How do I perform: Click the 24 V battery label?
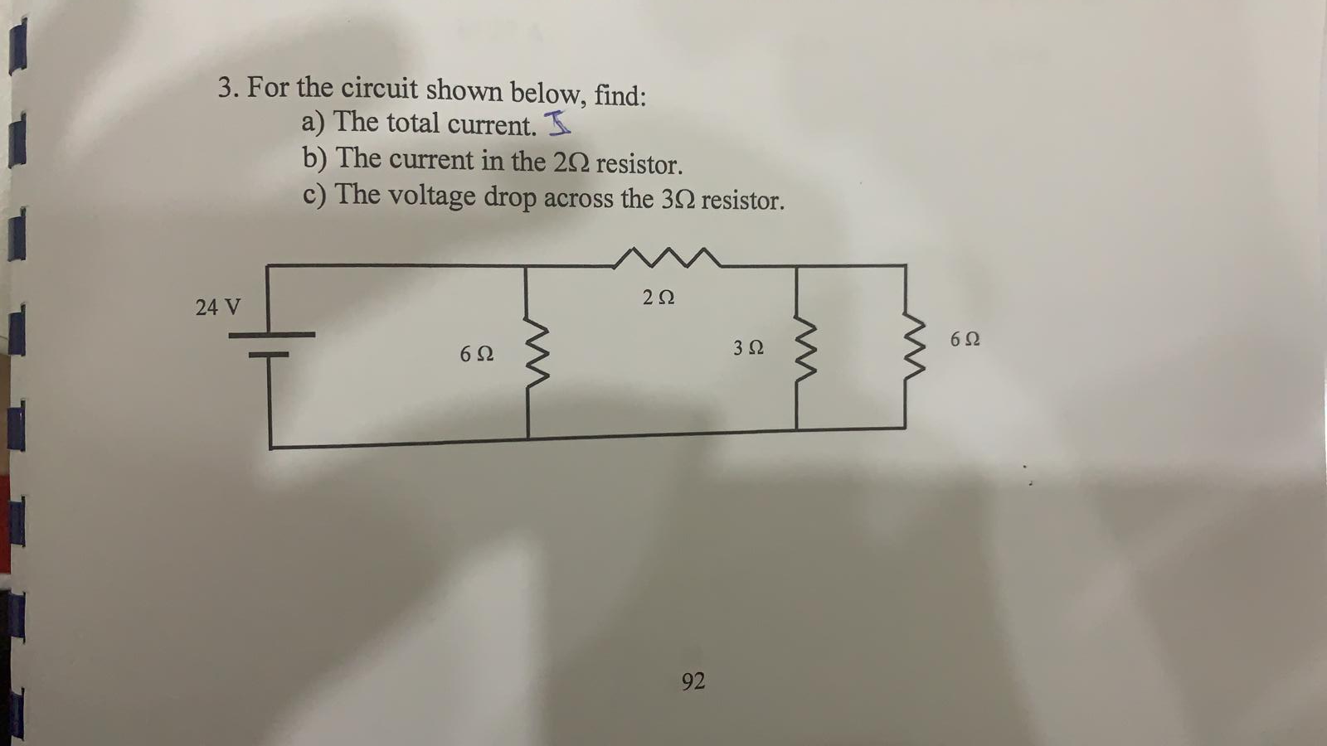coord(217,308)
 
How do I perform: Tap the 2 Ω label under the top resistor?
coord(659,297)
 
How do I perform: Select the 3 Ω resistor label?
coord(748,348)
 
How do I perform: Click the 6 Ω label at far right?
coord(965,339)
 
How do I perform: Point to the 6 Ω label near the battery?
coord(476,354)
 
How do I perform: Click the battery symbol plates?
coord(270,344)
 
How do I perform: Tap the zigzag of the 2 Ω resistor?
coord(666,258)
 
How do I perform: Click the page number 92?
coord(693,681)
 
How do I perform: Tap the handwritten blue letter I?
coord(558,124)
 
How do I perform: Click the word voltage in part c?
coord(432,196)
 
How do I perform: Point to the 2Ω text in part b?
coord(571,162)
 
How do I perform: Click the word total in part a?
coord(412,124)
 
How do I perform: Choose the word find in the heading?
coord(619,95)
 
